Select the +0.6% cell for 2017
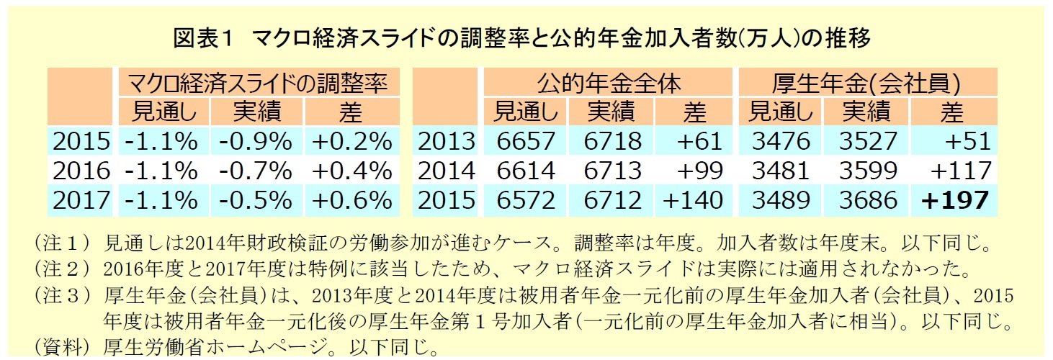[x=351, y=199]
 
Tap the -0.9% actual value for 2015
[x=257, y=140]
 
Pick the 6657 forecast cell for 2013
[x=526, y=140]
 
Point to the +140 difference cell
[x=691, y=199]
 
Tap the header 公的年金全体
[x=608, y=84]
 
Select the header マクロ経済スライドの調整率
[x=258, y=84]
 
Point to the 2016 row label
[x=81, y=170]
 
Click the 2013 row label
[x=447, y=140]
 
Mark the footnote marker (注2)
[x=61, y=269]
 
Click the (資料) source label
[x=61, y=348]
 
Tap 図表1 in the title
[x=205, y=38]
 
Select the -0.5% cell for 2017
[x=257, y=199]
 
